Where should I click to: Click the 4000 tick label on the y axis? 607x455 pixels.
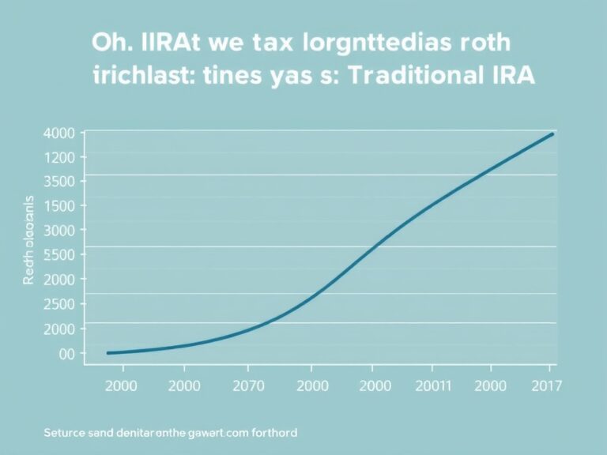click(x=60, y=133)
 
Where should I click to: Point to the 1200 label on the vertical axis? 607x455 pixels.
click(x=60, y=157)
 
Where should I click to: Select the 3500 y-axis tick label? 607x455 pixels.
click(x=60, y=181)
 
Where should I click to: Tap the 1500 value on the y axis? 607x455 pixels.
click(x=60, y=205)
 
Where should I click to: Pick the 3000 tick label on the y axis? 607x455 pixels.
click(x=60, y=230)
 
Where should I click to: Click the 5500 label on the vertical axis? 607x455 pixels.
click(x=60, y=254)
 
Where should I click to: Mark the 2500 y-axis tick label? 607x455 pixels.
click(x=60, y=303)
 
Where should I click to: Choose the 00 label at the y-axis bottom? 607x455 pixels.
click(x=66, y=353)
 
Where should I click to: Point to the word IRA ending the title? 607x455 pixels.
click(x=508, y=77)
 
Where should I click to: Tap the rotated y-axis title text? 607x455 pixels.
click(x=29, y=241)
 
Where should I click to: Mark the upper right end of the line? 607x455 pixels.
click(x=552, y=134)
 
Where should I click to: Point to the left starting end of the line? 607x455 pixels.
click(x=108, y=352)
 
